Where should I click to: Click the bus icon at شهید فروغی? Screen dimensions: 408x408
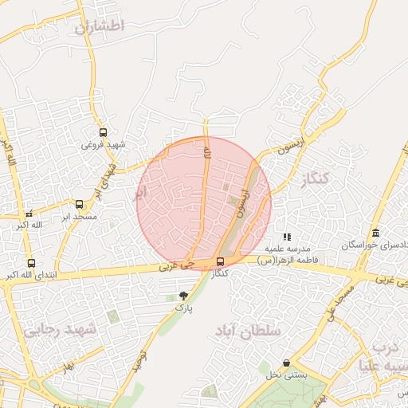click(x=103, y=133)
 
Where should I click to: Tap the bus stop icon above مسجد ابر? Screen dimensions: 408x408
click(x=79, y=205)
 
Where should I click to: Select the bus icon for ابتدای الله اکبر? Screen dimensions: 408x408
click(x=31, y=263)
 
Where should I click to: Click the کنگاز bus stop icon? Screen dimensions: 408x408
click(x=220, y=261)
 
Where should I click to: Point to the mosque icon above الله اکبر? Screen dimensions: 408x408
click(x=29, y=214)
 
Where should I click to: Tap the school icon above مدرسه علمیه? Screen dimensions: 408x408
click(x=287, y=237)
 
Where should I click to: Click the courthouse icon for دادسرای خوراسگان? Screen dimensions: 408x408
click(x=375, y=233)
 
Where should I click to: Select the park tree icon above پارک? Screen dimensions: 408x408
click(x=184, y=295)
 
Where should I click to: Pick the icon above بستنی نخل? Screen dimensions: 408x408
click(x=286, y=363)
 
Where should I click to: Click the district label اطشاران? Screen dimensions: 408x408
click(x=100, y=26)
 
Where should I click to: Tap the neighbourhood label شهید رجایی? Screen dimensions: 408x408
click(x=59, y=329)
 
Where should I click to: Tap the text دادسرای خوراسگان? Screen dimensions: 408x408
click(x=375, y=245)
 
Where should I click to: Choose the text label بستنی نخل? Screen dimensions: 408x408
click(x=288, y=375)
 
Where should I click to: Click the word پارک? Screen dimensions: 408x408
click(x=184, y=306)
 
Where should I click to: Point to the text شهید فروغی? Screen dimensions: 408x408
click(x=104, y=144)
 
